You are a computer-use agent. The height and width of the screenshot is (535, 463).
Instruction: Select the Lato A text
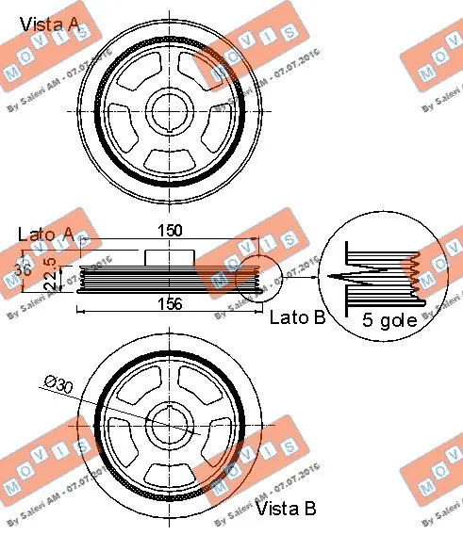point(46,232)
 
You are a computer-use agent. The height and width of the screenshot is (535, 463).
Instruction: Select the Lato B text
point(297,319)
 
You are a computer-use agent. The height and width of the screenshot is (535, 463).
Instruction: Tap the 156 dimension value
point(169,303)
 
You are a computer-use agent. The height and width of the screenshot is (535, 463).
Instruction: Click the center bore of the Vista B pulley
point(171,430)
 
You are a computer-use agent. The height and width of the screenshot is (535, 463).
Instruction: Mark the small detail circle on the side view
point(259,278)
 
